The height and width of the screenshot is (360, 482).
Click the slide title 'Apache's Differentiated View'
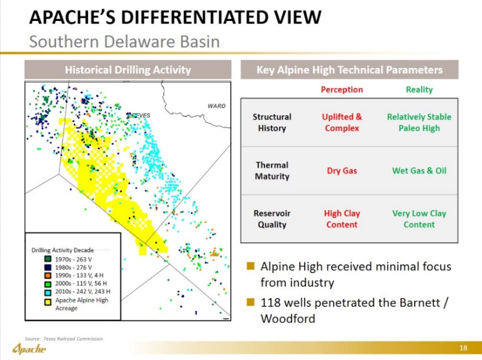(x=175, y=17)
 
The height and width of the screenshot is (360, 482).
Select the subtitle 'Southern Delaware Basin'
(x=124, y=42)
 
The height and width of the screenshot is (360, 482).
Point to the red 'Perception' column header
(x=341, y=89)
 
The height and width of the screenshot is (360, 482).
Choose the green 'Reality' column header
(x=419, y=89)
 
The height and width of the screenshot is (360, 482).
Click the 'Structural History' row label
(x=272, y=122)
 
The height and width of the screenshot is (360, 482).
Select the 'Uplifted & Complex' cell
(x=341, y=122)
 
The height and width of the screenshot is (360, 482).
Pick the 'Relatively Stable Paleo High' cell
(x=419, y=122)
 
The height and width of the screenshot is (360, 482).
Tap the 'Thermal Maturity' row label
(x=272, y=171)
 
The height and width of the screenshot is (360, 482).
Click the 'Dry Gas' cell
(x=341, y=171)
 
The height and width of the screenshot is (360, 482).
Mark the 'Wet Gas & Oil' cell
(x=419, y=171)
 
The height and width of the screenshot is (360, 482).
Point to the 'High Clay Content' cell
(x=341, y=219)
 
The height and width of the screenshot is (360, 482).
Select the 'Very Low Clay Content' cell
(x=419, y=219)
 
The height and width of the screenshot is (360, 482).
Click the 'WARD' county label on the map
(x=216, y=106)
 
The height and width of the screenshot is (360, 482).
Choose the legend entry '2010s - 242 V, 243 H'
(x=83, y=292)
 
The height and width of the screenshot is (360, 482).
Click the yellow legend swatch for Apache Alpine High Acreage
(x=47, y=300)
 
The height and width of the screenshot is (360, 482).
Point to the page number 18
(x=464, y=348)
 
